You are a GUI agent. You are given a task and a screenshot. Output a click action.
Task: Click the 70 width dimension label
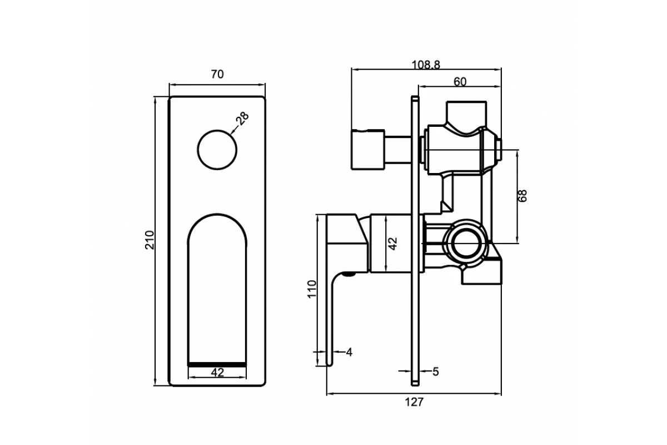(x=217, y=75)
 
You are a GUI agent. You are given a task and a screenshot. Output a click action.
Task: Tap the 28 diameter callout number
(x=242, y=118)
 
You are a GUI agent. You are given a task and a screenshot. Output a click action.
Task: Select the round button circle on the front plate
(x=217, y=150)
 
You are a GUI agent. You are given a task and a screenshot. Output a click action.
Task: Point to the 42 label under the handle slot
(x=217, y=373)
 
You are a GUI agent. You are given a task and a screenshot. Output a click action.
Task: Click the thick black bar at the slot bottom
(x=217, y=363)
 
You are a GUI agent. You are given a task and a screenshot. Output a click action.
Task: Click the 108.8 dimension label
(x=426, y=65)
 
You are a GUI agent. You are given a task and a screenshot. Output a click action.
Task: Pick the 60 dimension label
(x=460, y=82)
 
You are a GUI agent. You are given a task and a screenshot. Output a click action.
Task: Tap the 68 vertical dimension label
(x=522, y=196)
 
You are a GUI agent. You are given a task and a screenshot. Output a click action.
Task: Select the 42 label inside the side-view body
(x=393, y=243)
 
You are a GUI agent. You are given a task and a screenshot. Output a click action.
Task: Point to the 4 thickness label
(x=349, y=352)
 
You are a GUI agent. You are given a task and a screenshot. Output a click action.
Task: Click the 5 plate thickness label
(x=435, y=372)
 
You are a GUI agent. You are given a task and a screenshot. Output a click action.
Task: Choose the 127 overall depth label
(x=414, y=402)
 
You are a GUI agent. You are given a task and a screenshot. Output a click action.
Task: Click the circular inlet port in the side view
(x=466, y=243)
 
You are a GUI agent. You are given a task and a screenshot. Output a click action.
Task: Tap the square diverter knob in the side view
(x=367, y=150)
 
